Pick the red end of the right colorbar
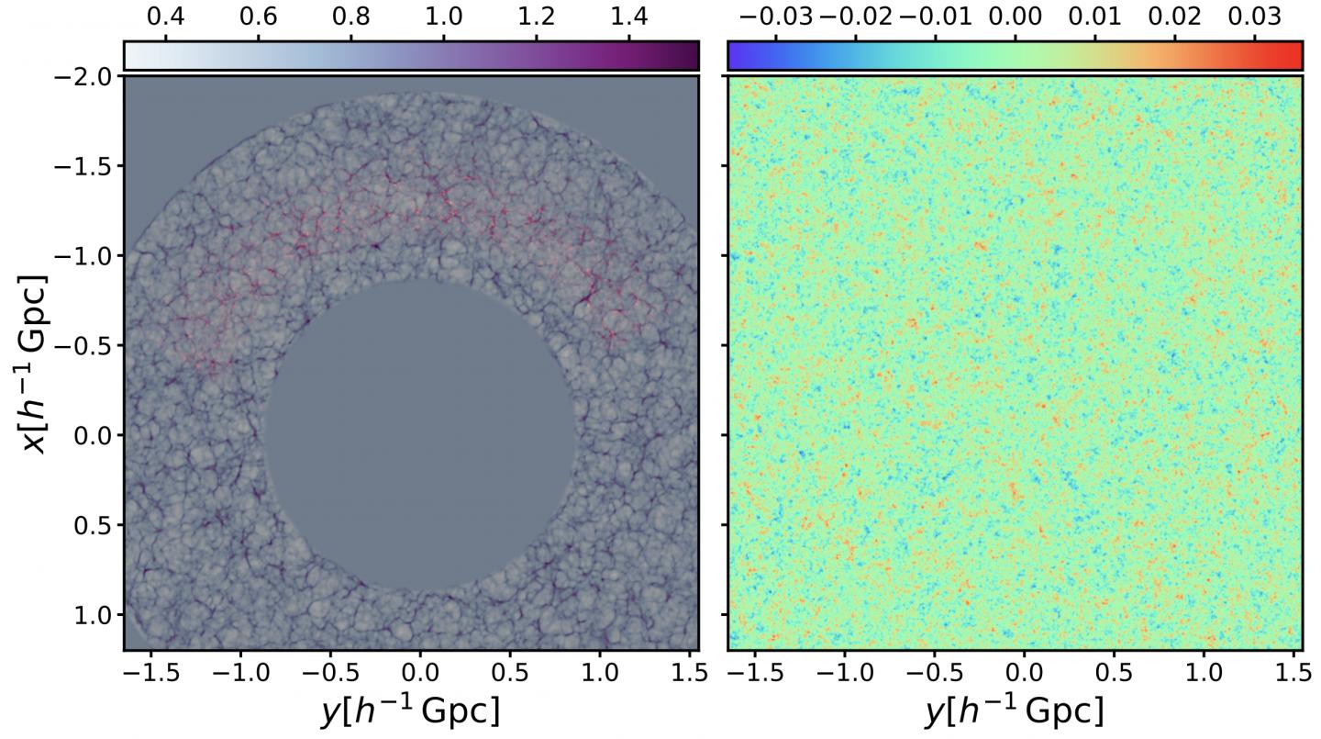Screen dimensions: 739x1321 pyautogui.click(x=1292, y=55)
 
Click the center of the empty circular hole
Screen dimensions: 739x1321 pyautogui.click(x=421, y=435)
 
